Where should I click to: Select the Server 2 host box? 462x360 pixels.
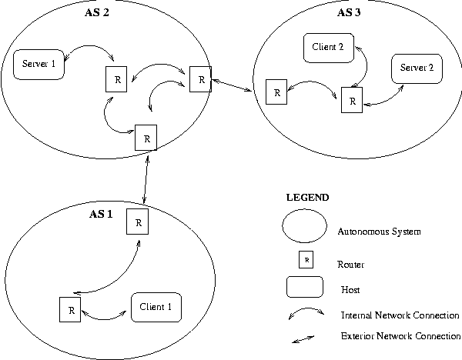click(x=417, y=68)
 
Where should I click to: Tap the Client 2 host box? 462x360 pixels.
click(x=329, y=46)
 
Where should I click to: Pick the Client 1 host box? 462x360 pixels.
click(x=156, y=307)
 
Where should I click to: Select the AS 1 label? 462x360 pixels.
click(x=101, y=213)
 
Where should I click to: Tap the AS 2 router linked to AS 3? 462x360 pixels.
click(x=199, y=79)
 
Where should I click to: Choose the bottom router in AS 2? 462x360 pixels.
click(x=146, y=137)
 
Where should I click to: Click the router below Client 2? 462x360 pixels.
click(x=352, y=100)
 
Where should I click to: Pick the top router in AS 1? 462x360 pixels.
click(x=138, y=222)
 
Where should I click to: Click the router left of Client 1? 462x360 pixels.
click(x=70, y=310)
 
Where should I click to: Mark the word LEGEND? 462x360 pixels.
click(x=306, y=198)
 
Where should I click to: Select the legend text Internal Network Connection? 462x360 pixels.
click(x=400, y=315)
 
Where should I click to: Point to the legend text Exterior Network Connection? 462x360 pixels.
click(x=400, y=336)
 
